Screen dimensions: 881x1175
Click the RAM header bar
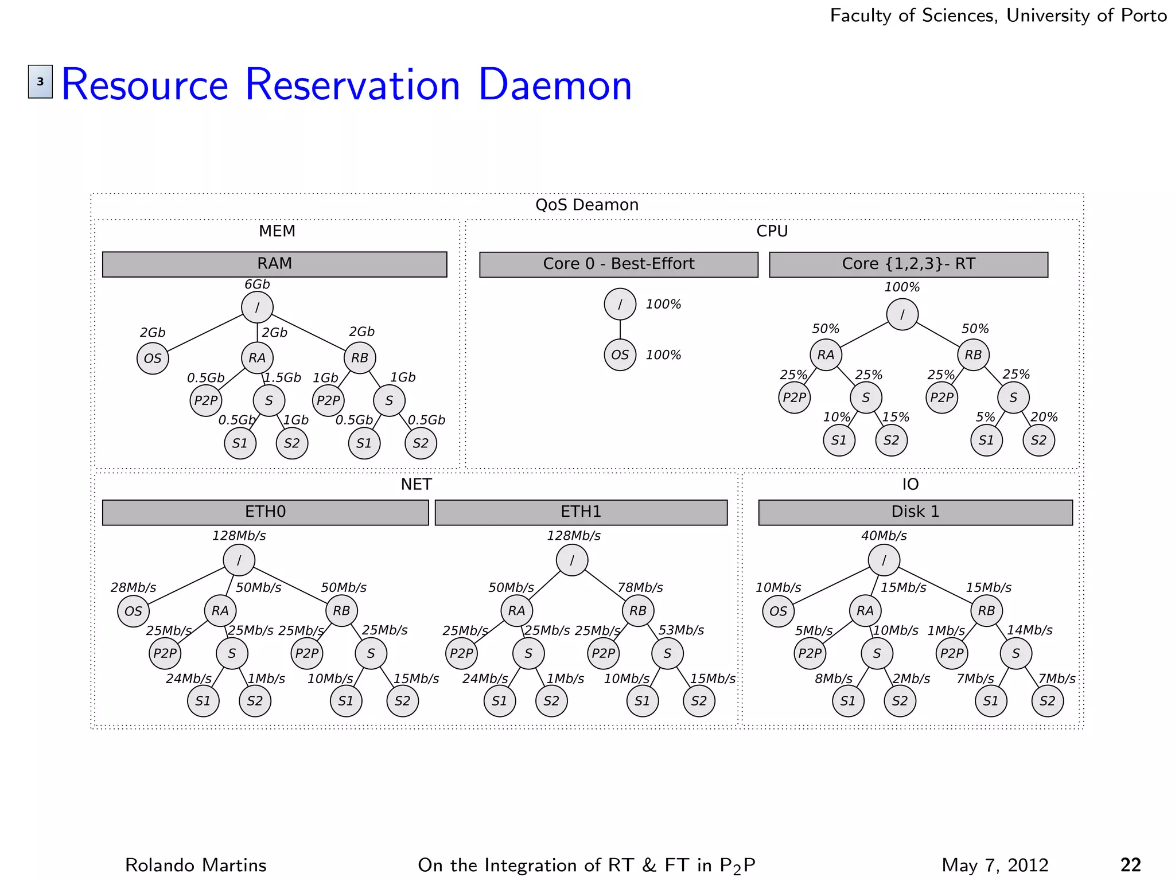coord(274,264)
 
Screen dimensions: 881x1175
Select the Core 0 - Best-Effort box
coord(618,264)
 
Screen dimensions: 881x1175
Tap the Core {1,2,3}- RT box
coord(908,264)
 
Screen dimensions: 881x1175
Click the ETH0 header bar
coord(265,512)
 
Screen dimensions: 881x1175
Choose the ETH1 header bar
coord(581,512)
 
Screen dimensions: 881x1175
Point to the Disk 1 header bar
coord(915,512)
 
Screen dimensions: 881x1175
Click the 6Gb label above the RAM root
coord(257,284)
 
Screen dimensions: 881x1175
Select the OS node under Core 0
coord(620,355)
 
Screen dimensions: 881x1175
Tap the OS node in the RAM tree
coord(153,358)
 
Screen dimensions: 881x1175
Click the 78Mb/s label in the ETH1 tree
coord(640,588)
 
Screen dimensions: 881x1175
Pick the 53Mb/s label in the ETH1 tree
coord(681,630)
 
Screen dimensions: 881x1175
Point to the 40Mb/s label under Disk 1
coord(884,536)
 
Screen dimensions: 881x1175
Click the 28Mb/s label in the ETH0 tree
coord(133,588)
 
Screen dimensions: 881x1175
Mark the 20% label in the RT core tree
coord(1044,418)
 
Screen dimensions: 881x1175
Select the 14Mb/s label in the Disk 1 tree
coord(1030,630)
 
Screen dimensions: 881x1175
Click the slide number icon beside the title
coord(40,81)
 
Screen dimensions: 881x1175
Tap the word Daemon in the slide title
coord(554,85)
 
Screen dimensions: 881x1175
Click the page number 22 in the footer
coord(1130,865)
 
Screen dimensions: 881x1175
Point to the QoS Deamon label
coord(586,205)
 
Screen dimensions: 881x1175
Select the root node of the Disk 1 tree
coord(884,560)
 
